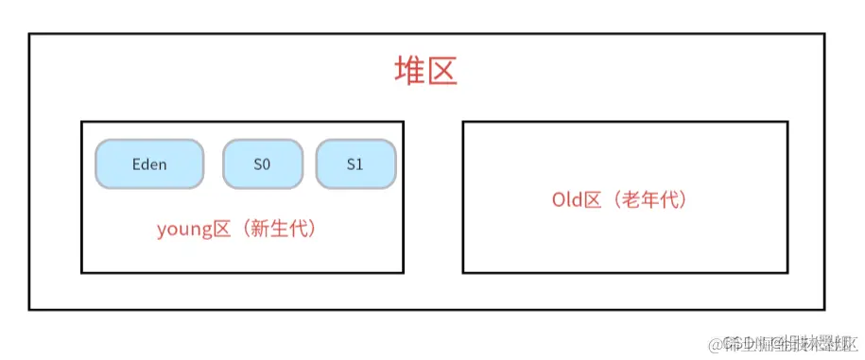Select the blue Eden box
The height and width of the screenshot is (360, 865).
tap(149, 164)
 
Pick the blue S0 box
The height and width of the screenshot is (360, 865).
tap(262, 164)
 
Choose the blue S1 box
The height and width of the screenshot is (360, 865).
tap(355, 164)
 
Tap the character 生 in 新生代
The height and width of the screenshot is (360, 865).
tap(279, 229)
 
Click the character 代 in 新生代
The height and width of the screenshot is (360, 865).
tap(298, 229)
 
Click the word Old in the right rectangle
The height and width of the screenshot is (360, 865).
tap(565, 200)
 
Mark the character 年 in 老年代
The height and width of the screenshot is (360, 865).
tap(649, 200)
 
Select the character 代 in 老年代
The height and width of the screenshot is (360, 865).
tap(668, 200)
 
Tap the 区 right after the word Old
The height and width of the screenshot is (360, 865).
tap(592, 200)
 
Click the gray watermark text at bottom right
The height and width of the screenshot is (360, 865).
tap(786, 341)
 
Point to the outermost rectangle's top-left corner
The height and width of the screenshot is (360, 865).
tap(29, 35)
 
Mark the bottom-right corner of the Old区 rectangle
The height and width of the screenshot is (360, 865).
tap(787, 272)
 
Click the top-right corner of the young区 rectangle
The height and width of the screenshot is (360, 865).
tap(403, 122)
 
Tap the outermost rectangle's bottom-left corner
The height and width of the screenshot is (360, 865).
tap(29, 309)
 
